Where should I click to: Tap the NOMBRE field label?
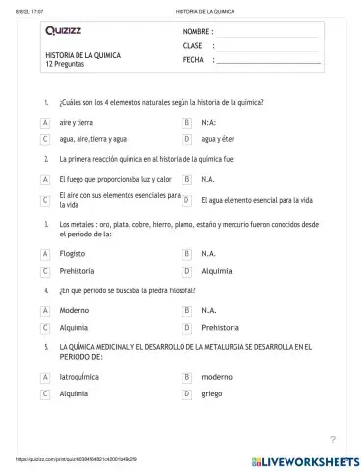[x=199, y=32]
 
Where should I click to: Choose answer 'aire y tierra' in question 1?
[x=77, y=122]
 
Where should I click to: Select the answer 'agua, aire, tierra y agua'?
[x=93, y=139]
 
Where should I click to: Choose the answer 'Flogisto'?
[x=74, y=253]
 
